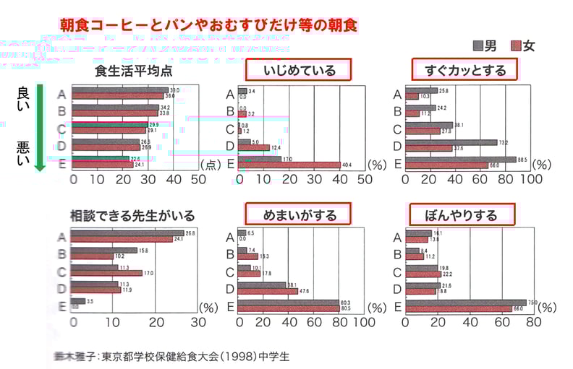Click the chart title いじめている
pos(299,70)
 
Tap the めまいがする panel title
pos(297,214)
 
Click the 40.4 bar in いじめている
pos(289,165)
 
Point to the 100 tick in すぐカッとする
pos(531,178)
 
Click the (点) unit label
pos(209,164)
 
